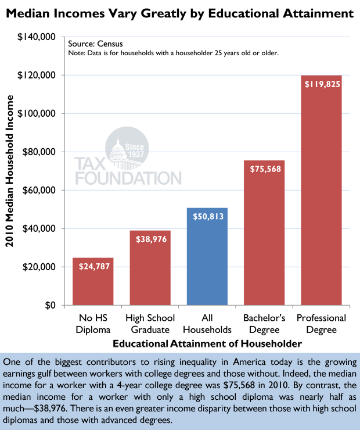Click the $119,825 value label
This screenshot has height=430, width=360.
pos(321,84)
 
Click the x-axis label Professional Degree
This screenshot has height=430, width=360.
pos(321,324)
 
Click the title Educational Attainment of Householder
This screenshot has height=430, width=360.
pos(207,344)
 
